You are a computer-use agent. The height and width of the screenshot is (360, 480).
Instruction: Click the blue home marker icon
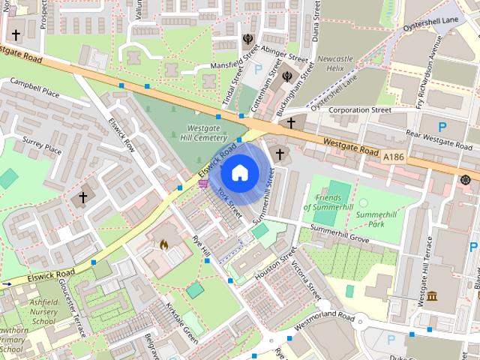(x=238, y=173)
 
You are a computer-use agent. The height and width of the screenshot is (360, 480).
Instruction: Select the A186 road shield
(x=393, y=157)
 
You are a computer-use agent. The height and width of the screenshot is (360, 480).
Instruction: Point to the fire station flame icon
(x=163, y=244)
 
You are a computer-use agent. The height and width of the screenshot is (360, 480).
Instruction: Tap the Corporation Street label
(x=360, y=110)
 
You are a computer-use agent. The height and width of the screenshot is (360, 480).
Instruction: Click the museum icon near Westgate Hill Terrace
(x=433, y=295)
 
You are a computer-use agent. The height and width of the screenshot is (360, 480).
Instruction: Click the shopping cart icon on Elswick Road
(x=203, y=183)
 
